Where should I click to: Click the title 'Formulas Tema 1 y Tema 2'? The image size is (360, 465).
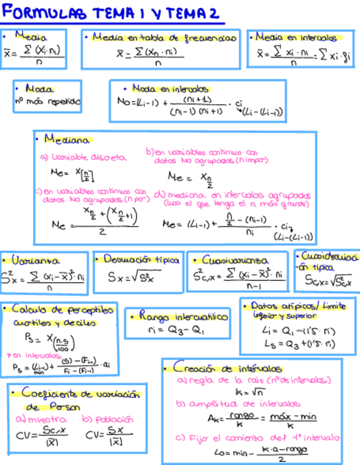[110, 13]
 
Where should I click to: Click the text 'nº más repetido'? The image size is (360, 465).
[47, 101]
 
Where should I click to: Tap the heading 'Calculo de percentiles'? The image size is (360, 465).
[64, 310]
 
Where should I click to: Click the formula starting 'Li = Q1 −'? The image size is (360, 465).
[299, 331]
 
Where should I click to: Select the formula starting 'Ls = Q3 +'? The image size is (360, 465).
[299, 344]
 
